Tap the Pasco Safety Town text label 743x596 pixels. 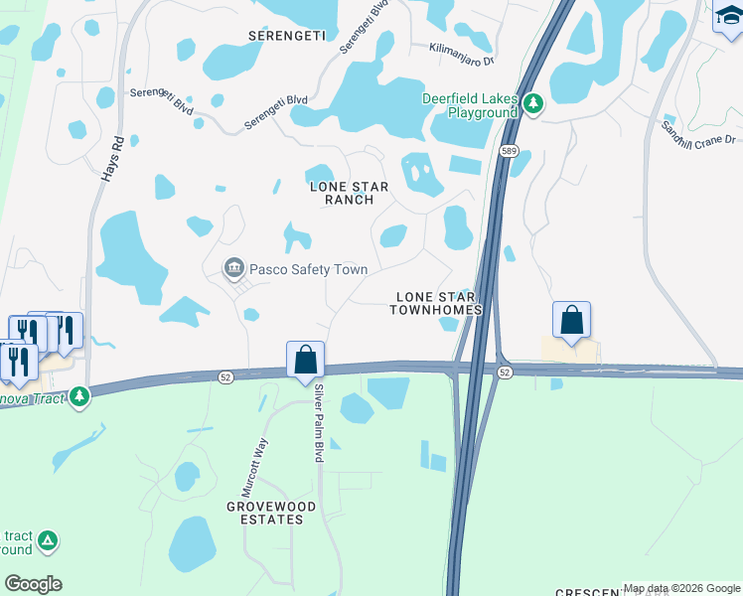308,269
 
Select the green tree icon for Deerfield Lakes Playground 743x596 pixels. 533,104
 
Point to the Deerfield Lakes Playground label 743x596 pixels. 471,105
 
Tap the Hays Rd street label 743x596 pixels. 112,159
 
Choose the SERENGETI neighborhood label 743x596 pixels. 286,35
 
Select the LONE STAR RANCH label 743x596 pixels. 342,193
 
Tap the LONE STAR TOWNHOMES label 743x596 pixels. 439,303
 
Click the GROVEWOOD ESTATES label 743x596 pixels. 264,513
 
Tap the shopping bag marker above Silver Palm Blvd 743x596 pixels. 306,359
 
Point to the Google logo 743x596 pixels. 33,584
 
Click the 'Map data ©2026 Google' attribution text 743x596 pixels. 681,588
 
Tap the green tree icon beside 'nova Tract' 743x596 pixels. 79,397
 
